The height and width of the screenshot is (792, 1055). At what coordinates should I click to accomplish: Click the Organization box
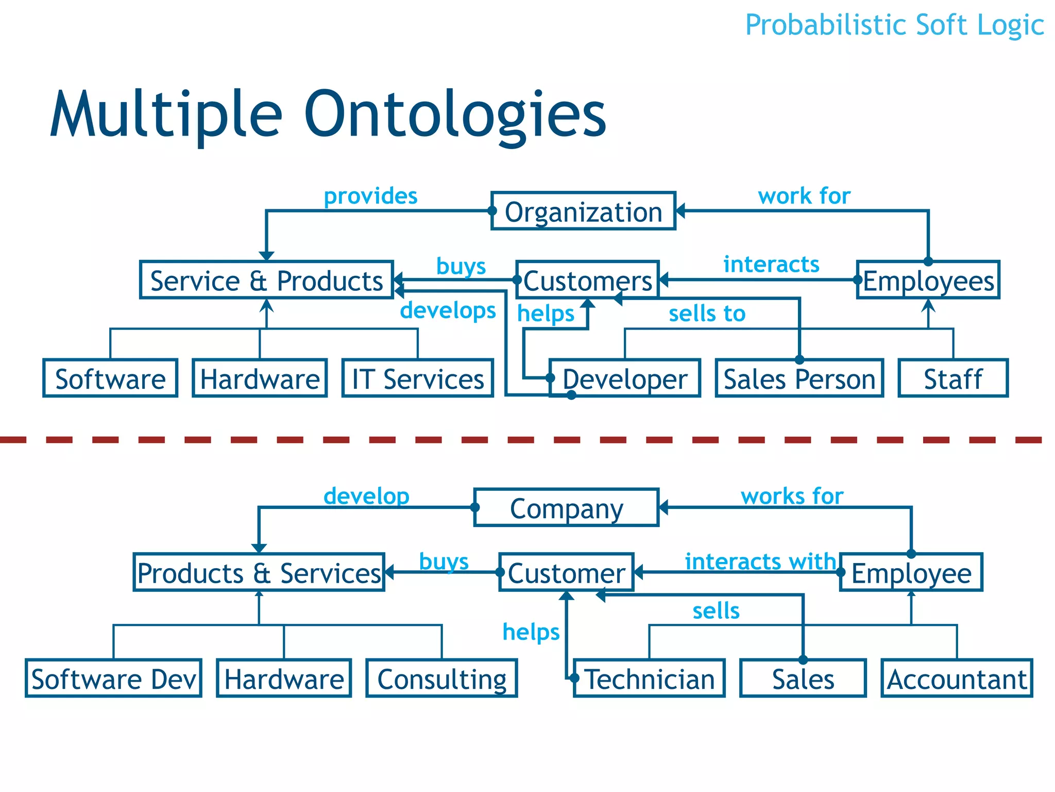583,211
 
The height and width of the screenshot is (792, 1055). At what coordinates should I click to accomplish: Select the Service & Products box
266,280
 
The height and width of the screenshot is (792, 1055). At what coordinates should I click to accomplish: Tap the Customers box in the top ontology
587,280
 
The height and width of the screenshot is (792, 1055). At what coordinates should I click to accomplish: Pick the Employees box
928,280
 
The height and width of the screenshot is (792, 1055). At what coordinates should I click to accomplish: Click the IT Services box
418,378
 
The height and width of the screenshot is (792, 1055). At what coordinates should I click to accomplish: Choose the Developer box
625,378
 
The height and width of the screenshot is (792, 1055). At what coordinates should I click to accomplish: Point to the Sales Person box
799,378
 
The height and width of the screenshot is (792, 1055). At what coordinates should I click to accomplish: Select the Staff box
953,378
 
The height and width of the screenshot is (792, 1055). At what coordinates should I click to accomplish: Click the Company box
566,508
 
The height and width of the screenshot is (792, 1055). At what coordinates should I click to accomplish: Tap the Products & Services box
259,572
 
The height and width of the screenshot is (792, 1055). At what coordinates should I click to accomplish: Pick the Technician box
650,679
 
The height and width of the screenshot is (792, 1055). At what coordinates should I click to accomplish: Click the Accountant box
957,679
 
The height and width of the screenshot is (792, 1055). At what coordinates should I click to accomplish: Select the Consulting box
442,679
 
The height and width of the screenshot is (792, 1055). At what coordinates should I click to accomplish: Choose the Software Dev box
113,679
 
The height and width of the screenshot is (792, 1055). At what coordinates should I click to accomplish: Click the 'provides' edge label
370,196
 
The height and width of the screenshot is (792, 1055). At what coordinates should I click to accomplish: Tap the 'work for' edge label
804,196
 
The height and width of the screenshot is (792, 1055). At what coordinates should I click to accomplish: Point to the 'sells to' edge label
707,313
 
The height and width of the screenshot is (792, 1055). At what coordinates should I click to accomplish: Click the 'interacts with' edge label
760,561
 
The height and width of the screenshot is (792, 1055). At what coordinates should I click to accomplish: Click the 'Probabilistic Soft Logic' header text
894,25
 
